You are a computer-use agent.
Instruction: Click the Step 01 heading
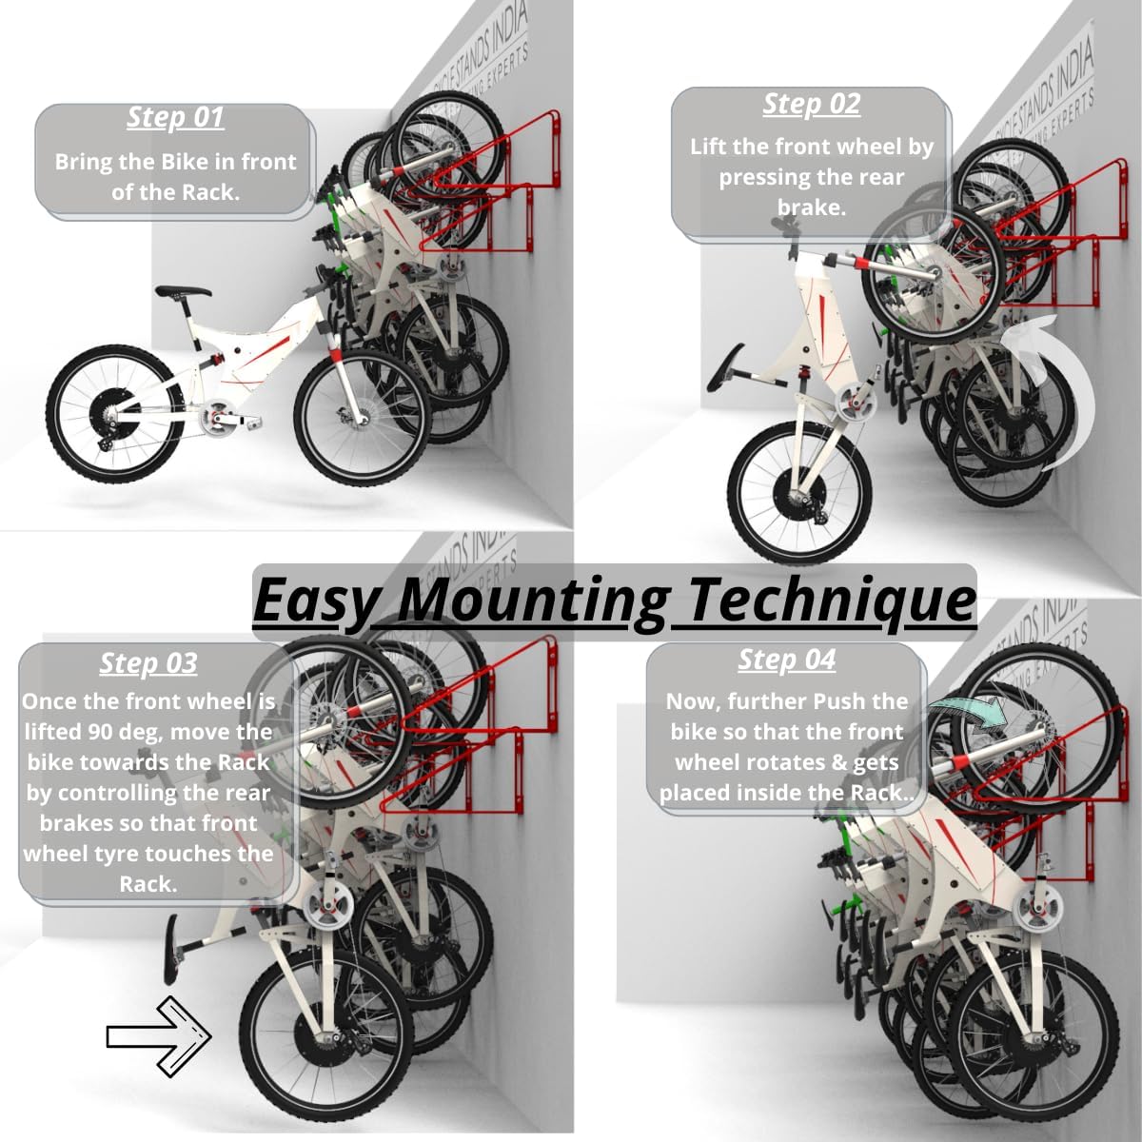pos(176,117)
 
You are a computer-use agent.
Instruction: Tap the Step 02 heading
pos(811,104)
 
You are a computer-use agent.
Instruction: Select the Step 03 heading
pos(148,662)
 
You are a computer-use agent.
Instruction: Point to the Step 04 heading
pos(786,660)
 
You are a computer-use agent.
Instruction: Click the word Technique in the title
pos(832,600)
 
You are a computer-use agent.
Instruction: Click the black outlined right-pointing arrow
pos(158,1036)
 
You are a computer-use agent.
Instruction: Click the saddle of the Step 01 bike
pos(183,292)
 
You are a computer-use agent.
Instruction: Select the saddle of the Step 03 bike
pos(172,947)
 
